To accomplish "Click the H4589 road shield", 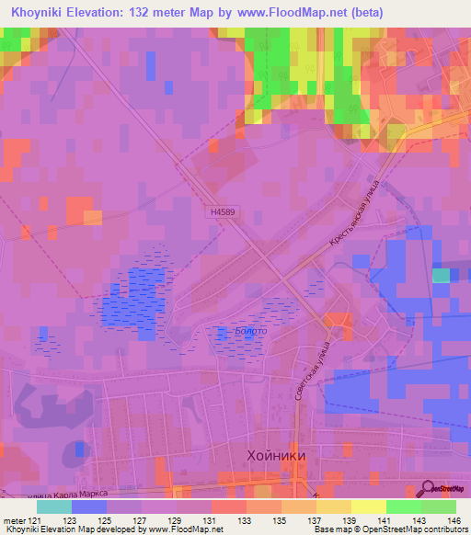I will click(222, 211).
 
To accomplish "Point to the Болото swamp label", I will click(236, 331).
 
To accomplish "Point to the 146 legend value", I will click(454, 520).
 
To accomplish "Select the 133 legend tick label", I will click(246, 520).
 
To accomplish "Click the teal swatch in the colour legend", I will click(54, 507).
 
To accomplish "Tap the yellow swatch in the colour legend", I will click(367, 507).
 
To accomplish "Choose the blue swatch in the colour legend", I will click(89, 507).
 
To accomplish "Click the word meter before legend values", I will click(15, 520).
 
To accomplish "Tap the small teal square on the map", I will click(442, 275).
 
